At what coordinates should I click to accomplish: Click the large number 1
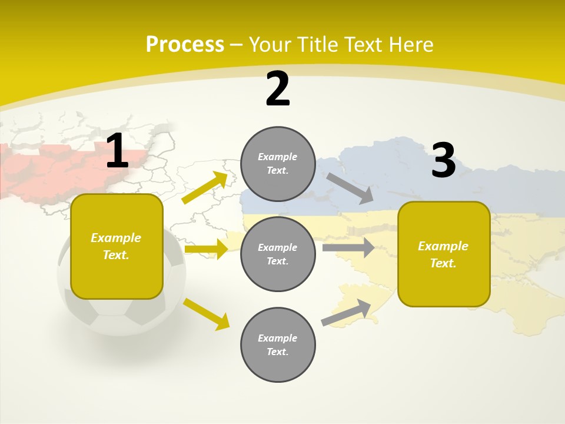(117, 151)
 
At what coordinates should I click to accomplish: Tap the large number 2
(278, 89)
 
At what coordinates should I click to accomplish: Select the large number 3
(443, 160)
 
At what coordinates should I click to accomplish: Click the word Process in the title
(185, 44)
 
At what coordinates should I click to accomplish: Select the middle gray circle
(278, 254)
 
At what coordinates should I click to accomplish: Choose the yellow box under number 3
(444, 254)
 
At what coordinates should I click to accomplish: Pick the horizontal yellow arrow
(205, 249)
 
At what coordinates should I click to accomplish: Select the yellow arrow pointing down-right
(206, 314)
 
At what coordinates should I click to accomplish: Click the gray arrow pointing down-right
(350, 188)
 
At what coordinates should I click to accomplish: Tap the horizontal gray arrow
(348, 247)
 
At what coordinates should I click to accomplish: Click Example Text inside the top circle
(278, 164)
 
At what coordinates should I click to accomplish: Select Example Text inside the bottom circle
(278, 345)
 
